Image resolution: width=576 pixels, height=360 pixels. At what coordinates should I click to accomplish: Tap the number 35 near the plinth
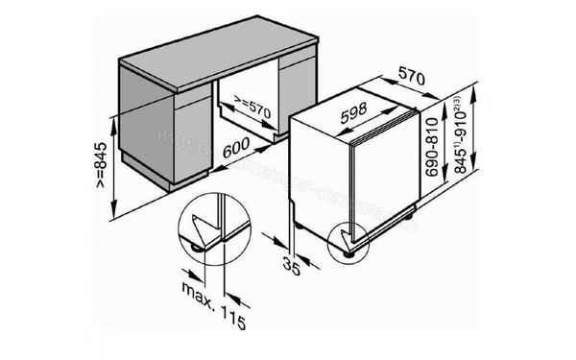click(290, 261)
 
